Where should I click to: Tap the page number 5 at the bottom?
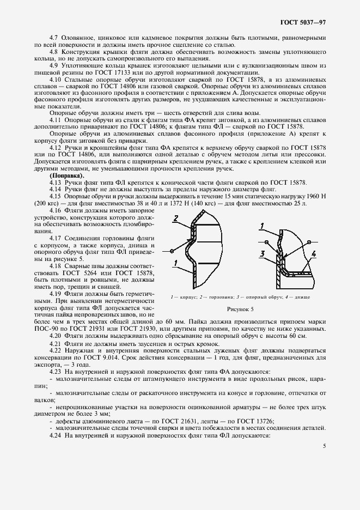[x=324, y=445]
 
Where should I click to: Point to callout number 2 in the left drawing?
[x=176, y=218]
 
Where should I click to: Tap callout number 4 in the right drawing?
[x=314, y=253]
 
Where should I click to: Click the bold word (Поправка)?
[x=67, y=176]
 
